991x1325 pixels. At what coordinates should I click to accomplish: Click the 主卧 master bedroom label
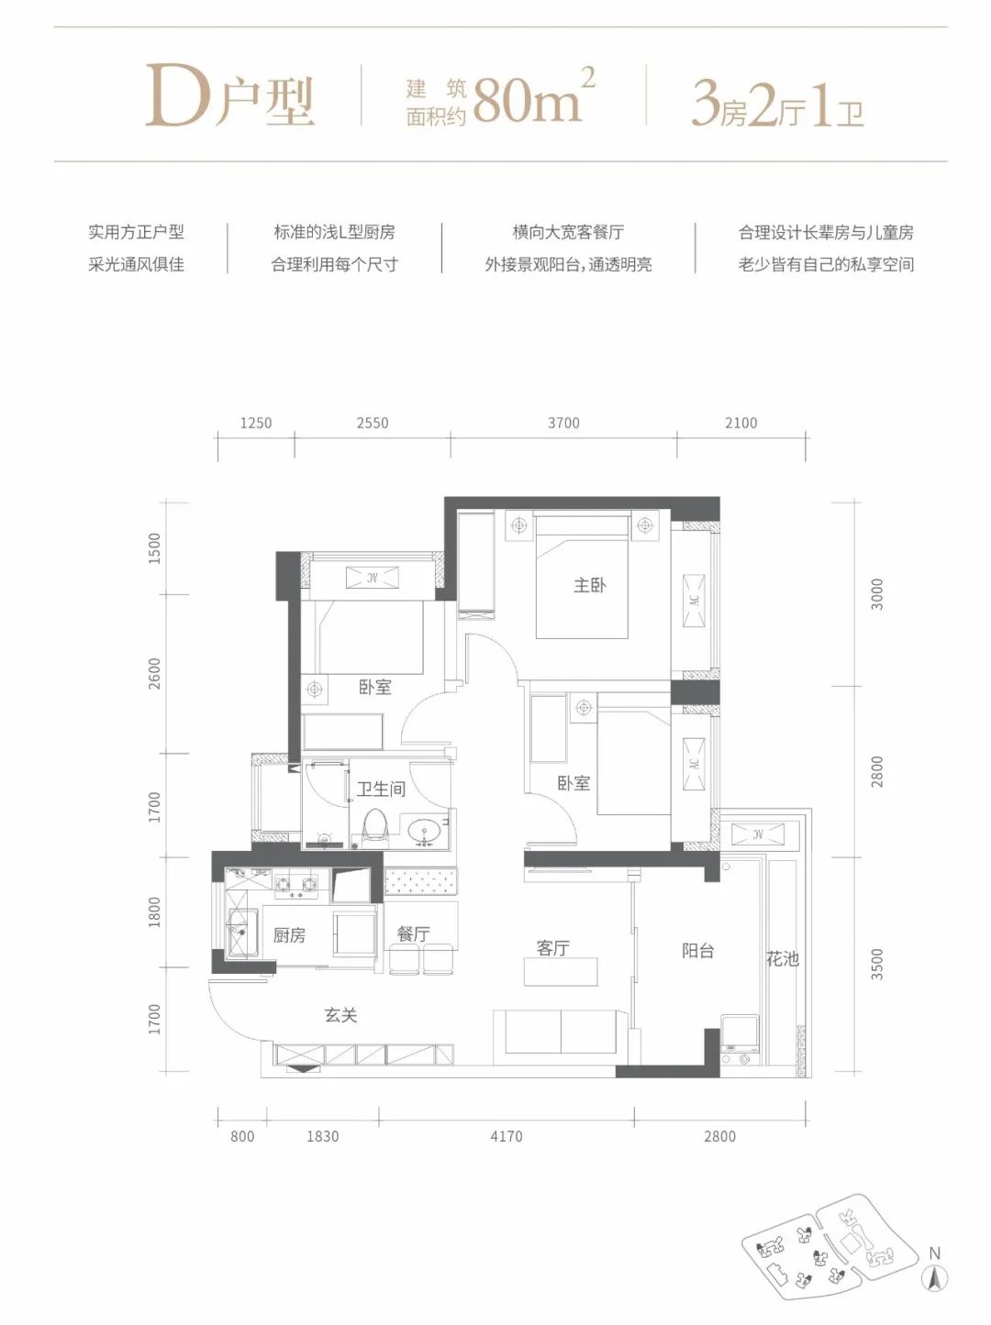(x=589, y=585)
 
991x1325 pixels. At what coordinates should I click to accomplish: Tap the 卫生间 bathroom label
(x=381, y=789)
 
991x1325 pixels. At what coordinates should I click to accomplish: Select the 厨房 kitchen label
(x=289, y=935)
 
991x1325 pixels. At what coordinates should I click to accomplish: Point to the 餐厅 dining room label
(x=413, y=933)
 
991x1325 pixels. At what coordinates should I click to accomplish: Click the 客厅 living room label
(x=553, y=948)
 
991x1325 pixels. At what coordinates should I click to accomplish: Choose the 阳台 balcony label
(x=697, y=951)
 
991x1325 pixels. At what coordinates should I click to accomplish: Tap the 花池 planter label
(x=783, y=959)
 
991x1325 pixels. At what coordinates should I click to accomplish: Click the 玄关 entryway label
(x=340, y=1015)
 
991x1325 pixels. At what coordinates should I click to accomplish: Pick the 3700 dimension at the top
(x=563, y=423)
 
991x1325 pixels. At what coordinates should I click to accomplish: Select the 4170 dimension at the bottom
(x=506, y=1136)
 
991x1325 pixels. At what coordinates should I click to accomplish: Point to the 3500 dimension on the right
(x=877, y=965)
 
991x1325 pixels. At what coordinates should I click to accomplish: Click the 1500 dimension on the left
(x=154, y=547)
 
